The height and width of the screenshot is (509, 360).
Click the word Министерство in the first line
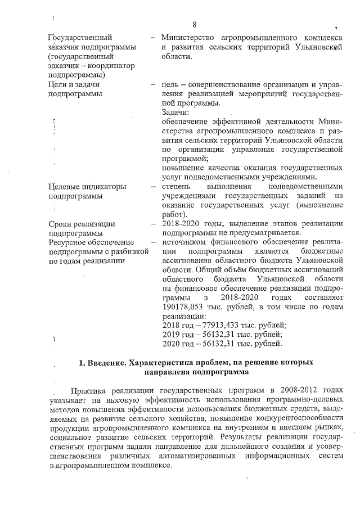pos(188,38)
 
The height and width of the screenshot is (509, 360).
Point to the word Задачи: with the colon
pos(175,112)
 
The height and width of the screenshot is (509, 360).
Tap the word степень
pos(175,186)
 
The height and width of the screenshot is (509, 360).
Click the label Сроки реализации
pos(82,223)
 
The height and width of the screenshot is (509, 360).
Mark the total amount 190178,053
pos(186,307)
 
